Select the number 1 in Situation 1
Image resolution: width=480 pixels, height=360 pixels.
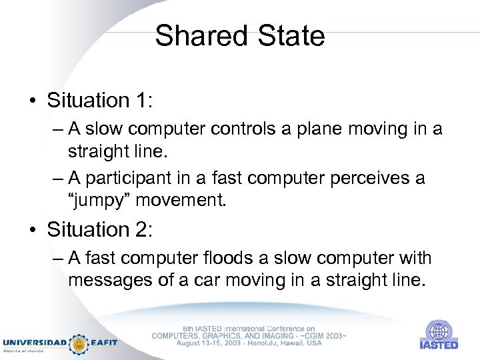pos(142,101)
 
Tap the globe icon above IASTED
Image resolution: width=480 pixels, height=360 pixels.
pos(439,331)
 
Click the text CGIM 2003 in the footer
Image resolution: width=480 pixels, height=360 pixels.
pos(321,336)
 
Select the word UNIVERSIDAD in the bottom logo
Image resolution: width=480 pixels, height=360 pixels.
pos(33,343)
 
